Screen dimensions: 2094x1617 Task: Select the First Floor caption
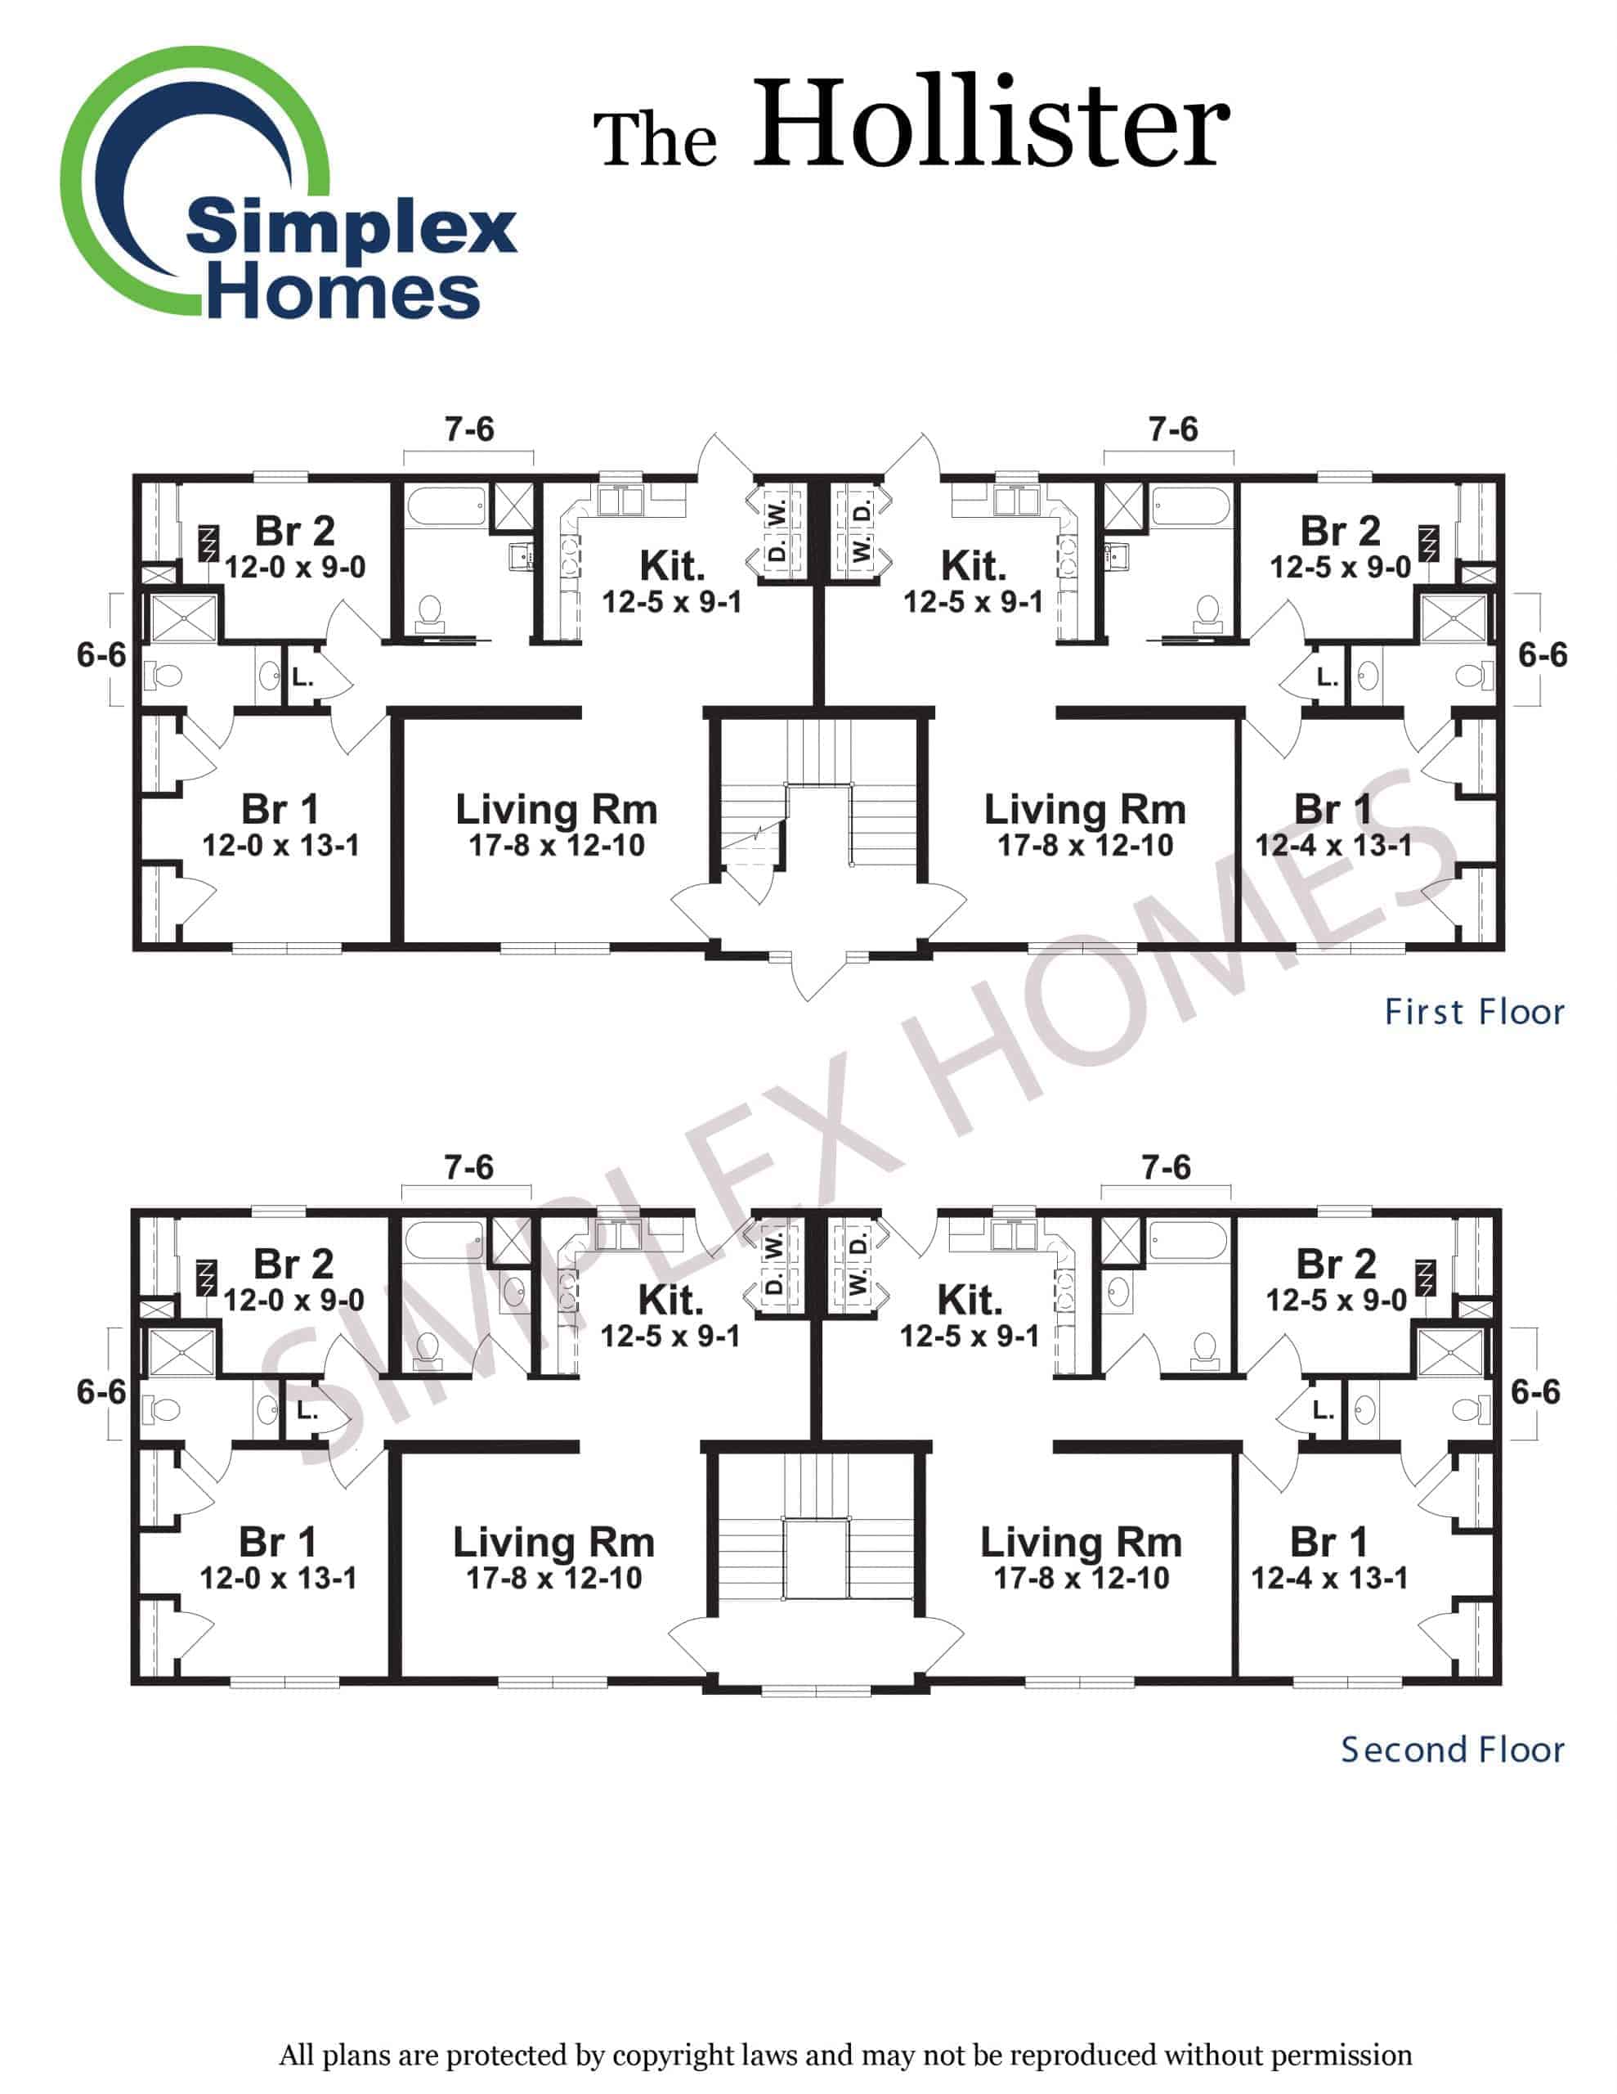(1473, 1013)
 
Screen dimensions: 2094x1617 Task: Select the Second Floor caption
(1451, 1750)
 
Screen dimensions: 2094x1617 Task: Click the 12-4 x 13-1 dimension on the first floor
(1333, 845)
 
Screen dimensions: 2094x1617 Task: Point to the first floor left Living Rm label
(556, 810)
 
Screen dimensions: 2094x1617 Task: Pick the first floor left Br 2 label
(294, 530)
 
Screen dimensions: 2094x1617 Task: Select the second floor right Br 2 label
(1335, 1264)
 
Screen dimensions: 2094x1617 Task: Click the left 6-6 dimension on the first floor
(101, 655)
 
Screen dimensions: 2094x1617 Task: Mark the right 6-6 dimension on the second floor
(1534, 1391)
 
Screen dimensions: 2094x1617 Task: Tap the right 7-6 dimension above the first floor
(1172, 429)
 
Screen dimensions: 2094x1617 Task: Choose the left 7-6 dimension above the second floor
(468, 1167)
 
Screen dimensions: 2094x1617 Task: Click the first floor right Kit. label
(973, 566)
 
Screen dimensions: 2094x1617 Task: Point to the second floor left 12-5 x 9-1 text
(670, 1336)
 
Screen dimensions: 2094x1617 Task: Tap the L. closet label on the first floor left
(302, 678)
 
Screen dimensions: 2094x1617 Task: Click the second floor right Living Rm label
(1080, 1543)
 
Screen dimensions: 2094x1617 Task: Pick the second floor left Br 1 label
(277, 1543)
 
